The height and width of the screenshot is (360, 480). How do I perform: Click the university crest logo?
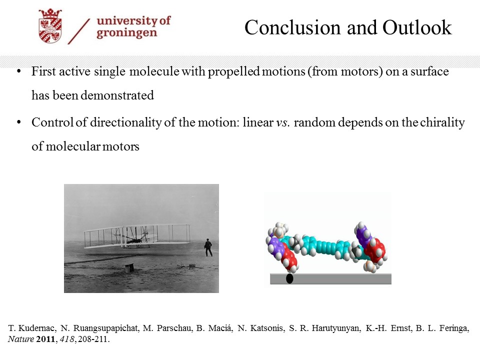point(50,25)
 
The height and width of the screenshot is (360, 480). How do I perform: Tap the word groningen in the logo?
point(126,33)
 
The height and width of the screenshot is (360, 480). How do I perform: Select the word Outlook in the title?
point(417,27)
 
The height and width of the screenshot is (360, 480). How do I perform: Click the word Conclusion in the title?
point(292,27)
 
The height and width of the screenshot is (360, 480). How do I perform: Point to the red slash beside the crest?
point(78,31)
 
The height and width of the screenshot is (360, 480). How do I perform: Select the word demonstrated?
point(117,95)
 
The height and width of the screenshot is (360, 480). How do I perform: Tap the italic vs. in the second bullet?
point(283,122)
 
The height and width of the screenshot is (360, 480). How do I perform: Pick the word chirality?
point(442,123)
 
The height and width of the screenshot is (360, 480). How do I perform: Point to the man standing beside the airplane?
point(208,247)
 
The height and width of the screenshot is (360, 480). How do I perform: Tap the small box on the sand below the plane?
point(128,268)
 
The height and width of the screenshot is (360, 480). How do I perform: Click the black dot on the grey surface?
point(289,279)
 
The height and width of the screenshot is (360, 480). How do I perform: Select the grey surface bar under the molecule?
point(330,279)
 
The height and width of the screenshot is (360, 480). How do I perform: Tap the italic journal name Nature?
point(21,339)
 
